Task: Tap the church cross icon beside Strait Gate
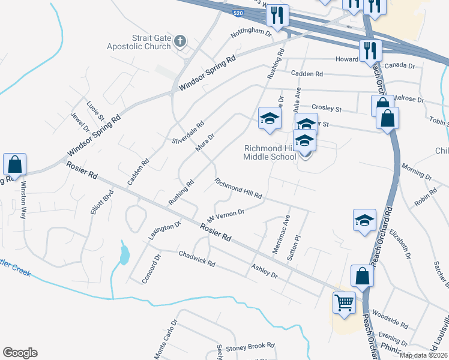[x=179, y=41]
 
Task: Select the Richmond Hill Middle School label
[x=270, y=152]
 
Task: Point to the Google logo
[x=20, y=353]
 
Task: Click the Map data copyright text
[x=424, y=355]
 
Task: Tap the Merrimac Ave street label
[x=282, y=234]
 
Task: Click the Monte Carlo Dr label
[x=166, y=339]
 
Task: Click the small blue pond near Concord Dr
[x=124, y=255]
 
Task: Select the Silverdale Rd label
[x=188, y=132]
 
